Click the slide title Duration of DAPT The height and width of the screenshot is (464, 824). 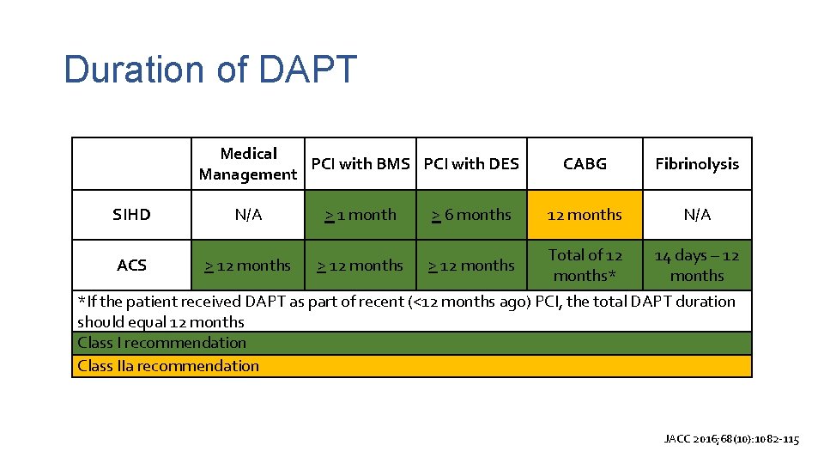click(209, 70)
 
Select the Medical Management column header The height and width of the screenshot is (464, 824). click(247, 164)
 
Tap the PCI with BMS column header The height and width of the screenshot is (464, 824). click(360, 163)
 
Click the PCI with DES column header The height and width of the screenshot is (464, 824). click(471, 163)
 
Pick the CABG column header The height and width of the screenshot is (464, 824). click(585, 163)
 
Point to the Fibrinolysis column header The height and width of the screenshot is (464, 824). click(696, 163)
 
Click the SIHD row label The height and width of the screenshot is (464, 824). click(131, 215)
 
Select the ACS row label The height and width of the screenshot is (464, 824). click(131, 266)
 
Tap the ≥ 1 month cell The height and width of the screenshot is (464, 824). click(360, 215)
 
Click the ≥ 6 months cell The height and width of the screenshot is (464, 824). click(471, 215)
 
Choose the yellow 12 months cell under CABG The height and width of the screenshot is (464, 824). click(585, 215)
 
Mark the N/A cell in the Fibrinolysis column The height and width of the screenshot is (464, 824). click(696, 215)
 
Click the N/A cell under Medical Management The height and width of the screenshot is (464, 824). click(247, 215)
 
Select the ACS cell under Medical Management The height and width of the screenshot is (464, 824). click(247, 266)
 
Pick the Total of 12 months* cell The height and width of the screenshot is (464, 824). click(585, 266)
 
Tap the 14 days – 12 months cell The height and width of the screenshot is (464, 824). click(696, 266)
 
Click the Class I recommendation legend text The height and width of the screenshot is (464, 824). click(161, 343)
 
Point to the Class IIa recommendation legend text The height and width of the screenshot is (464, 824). click(168, 366)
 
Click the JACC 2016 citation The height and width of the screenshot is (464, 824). click(731, 439)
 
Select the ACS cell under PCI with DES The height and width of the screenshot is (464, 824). click(471, 266)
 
